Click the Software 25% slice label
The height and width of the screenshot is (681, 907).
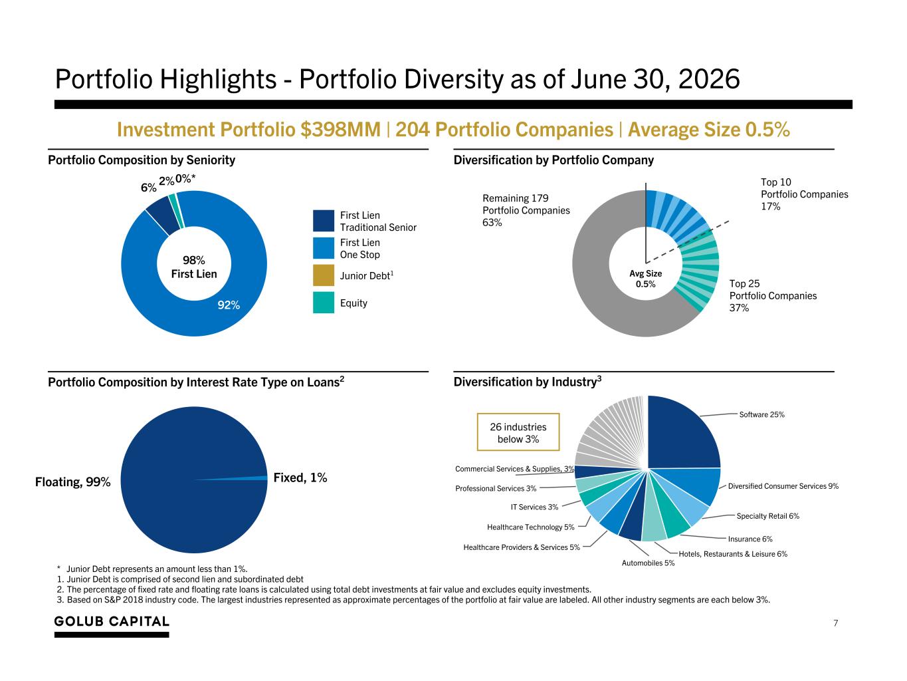(x=761, y=414)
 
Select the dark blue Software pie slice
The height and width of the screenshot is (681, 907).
(x=682, y=434)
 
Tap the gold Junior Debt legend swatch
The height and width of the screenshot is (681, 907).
(x=323, y=275)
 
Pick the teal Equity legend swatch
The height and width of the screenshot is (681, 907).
(x=323, y=303)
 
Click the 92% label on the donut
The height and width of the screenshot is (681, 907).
(x=229, y=305)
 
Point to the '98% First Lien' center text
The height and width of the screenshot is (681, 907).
(x=194, y=267)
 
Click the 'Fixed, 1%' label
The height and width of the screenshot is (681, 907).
(x=300, y=478)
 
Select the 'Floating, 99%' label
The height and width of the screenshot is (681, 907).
(x=72, y=482)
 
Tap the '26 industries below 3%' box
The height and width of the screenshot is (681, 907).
(x=518, y=432)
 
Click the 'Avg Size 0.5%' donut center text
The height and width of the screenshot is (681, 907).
(x=645, y=279)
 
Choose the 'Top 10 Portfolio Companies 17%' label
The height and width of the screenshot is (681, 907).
(x=804, y=194)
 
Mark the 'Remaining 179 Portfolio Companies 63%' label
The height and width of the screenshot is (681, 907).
(x=526, y=210)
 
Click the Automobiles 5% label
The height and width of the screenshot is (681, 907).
(x=648, y=563)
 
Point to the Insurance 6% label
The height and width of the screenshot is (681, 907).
(x=750, y=539)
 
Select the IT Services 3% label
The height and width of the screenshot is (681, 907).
(x=534, y=507)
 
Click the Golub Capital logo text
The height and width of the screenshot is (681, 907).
(x=112, y=621)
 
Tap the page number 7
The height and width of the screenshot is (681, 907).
(x=835, y=623)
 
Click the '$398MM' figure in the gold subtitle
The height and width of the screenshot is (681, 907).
(x=340, y=130)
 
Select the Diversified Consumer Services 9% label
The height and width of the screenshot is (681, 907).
(x=783, y=486)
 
